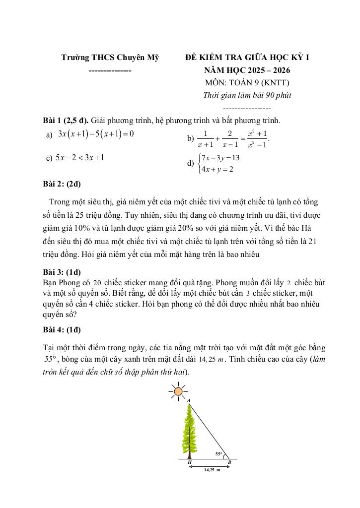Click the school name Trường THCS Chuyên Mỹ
click(x=110, y=58)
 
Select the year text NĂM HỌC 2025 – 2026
click(x=247, y=70)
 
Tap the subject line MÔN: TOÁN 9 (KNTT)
click(x=247, y=83)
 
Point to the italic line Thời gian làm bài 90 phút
click(x=247, y=95)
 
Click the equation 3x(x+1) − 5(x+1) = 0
click(x=96, y=134)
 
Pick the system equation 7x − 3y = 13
click(x=221, y=158)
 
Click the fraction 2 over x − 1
click(x=230, y=139)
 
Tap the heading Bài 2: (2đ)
click(x=62, y=184)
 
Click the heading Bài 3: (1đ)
click(x=62, y=272)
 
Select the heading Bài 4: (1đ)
click(x=62, y=330)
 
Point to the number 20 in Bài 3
click(x=97, y=282)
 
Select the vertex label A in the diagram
click(x=189, y=399)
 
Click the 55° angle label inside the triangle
click(x=218, y=453)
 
